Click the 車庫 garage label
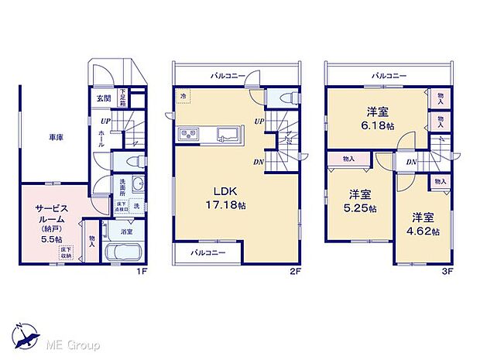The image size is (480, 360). (x=56, y=137)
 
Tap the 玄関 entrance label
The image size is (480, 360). (x=104, y=99)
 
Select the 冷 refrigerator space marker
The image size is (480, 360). (x=183, y=96)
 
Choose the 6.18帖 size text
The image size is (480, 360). (x=377, y=124)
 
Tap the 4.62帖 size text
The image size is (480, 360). (x=425, y=231)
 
